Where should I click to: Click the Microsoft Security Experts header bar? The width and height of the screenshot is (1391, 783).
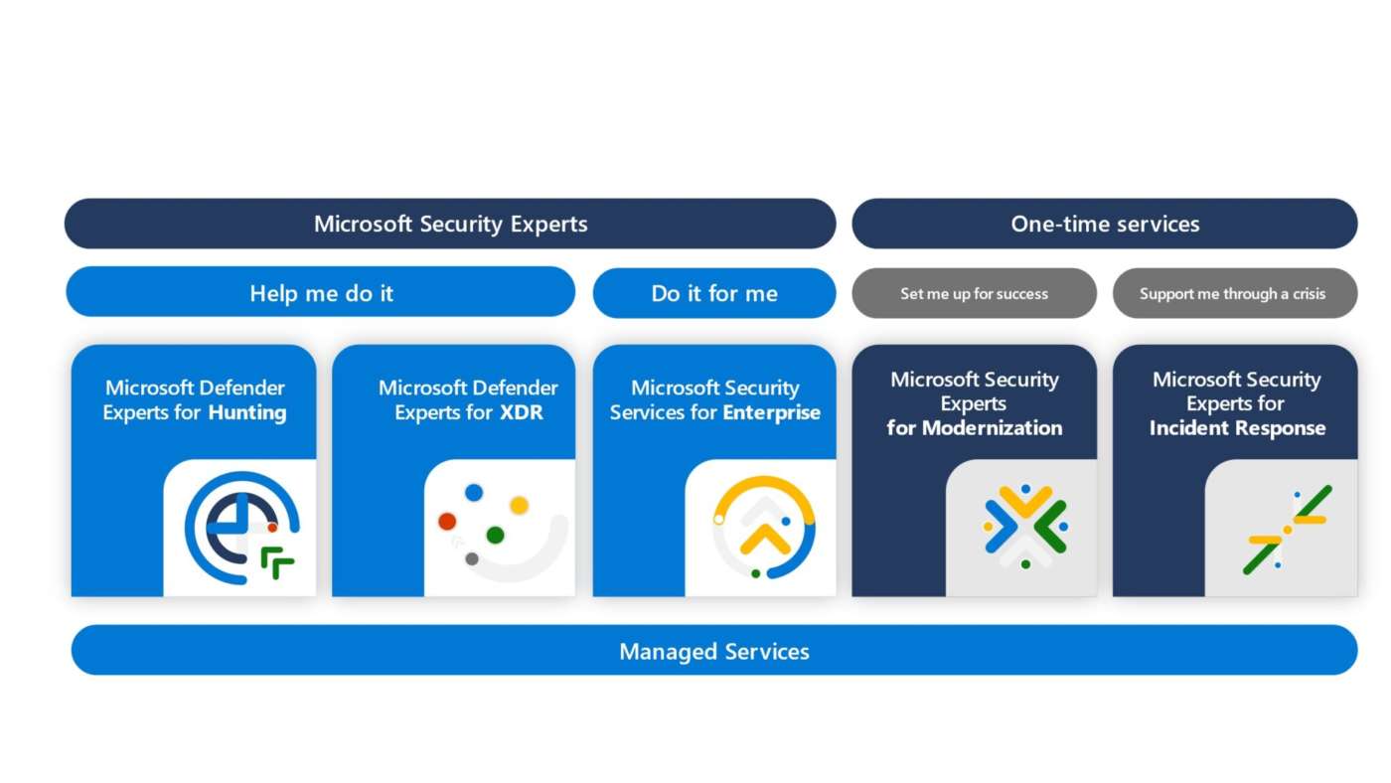(450, 224)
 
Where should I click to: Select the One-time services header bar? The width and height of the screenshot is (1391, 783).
(1104, 224)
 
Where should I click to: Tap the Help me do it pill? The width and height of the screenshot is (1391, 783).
(320, 293)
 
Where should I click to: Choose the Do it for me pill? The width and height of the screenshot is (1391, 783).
(713, 293)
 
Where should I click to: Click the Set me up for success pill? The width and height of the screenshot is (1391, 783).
(974, 293)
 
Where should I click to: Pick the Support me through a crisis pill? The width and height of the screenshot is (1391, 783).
(1233, 293)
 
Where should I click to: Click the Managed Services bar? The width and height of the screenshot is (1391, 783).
(713, 651)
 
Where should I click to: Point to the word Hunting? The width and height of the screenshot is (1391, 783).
(246, 412)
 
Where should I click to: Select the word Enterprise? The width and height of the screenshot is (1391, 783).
(771, 412)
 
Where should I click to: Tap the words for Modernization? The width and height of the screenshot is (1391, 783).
(974, 428)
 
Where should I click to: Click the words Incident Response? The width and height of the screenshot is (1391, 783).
(1237, 428)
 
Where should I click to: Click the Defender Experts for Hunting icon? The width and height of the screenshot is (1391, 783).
(241, 527)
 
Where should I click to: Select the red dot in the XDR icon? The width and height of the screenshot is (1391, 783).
(447, 522)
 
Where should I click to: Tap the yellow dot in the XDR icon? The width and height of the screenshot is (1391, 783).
(519, 505)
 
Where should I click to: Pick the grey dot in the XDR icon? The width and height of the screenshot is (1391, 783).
(472, 558)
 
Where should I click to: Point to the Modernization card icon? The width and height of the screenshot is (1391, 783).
(1024, 527)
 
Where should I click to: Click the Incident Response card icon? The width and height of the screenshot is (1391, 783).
(1286, 529)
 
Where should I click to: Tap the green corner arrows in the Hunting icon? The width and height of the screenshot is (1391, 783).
(278, 562)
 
